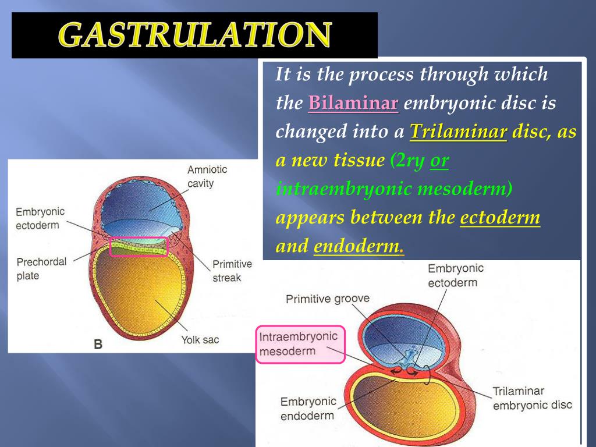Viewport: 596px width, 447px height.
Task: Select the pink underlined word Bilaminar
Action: click(x=353, y=104)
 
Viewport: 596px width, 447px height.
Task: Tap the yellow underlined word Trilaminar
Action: click(x=459, y=132)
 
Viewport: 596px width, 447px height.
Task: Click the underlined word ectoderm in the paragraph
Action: click(x=500, y=218)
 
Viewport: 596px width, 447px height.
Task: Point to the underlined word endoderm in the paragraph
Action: click(x=358, y=246)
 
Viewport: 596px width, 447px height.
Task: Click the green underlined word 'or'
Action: click(x=439, y=161)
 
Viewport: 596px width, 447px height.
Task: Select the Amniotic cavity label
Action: click(x=207, y=176)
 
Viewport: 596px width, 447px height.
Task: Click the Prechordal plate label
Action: click(x=41, y=268)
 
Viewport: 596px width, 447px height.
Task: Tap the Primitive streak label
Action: click(x=232, y=271)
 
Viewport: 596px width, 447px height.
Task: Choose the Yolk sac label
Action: click(x=200, y=339)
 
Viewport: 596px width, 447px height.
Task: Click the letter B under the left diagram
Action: click(x=98, y=344)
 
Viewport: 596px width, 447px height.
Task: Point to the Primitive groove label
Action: click(x=327, y=299)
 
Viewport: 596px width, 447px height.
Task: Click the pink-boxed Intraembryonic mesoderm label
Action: click(x=299, y=344)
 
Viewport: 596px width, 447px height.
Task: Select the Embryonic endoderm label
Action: click(x=308, y=409)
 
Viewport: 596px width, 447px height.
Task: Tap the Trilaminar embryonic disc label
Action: click(x=532, y=398)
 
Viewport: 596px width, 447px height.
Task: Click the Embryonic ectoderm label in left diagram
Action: click(x=40, y=218)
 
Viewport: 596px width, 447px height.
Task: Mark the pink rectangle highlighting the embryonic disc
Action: click(x=139, y=247)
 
